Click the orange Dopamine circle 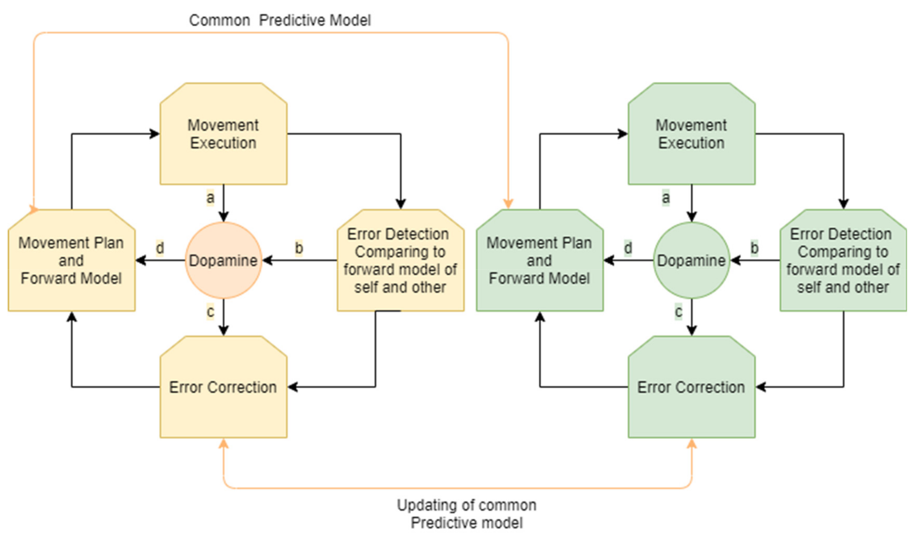223,260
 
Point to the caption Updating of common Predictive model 466,513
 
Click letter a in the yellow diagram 210,198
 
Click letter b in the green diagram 755,248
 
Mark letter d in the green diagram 628,248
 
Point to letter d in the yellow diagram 160,248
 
